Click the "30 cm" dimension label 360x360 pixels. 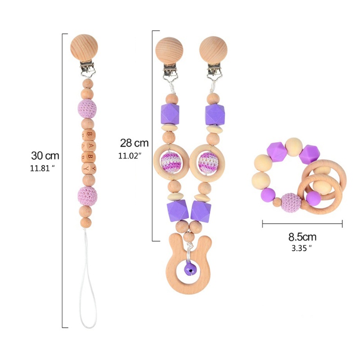(45, 156)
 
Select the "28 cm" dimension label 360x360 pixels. (134, 143)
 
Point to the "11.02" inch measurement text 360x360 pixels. (130, 156)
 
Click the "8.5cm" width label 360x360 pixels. (302, 237)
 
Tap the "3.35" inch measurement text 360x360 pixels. (302, 247)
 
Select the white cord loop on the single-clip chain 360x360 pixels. (89, 292)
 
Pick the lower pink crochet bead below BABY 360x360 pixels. (87, 195)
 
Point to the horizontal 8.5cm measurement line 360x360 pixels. (302, 223)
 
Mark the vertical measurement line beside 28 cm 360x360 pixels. (153, 135)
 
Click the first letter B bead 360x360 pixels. (90, 135)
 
